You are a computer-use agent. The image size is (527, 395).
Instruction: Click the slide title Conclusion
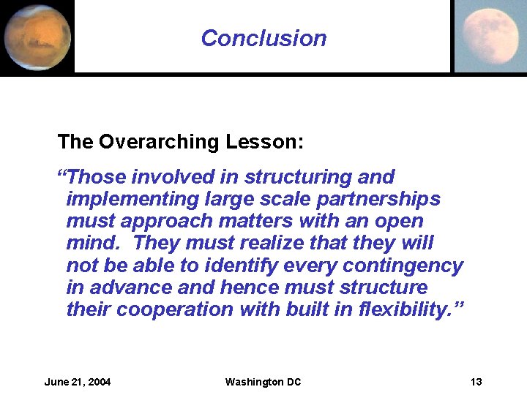263,38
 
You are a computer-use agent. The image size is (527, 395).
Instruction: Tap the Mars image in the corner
37,37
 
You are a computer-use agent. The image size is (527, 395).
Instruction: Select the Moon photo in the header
489,36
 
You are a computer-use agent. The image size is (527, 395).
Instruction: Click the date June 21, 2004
78,382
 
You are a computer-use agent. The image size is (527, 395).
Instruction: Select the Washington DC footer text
263,382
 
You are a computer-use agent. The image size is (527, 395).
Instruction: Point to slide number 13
476,382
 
